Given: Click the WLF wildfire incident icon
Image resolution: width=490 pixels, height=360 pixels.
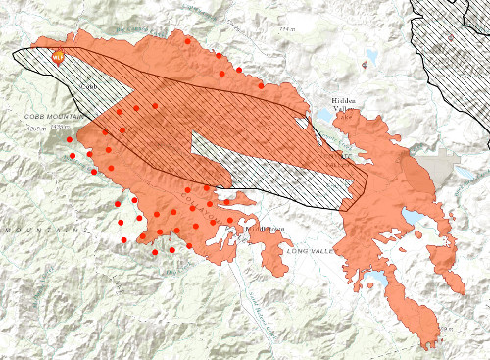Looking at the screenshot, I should pos(60,56).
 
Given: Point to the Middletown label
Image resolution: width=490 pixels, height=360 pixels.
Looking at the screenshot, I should pos(263,228).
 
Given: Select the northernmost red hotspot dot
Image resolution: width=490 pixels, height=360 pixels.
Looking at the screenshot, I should pos(188,41).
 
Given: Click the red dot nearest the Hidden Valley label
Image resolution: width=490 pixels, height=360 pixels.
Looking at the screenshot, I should pos(261,86).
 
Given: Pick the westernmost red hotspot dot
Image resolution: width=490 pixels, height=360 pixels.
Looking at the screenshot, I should pos(70,140).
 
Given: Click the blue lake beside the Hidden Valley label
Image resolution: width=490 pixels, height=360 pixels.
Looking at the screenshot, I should pos(323,116).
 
